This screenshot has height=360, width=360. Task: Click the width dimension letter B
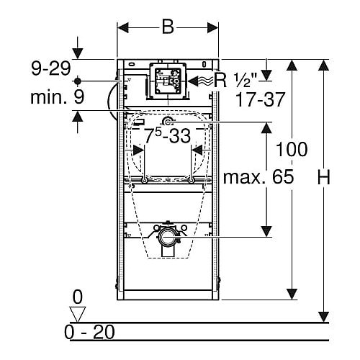tap(168, 27)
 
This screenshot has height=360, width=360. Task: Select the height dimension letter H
tap(324, 177)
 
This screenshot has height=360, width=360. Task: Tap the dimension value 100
tap(292, 149)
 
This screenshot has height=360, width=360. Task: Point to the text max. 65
tap(258, 176)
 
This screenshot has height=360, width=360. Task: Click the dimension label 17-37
tap(261, 99)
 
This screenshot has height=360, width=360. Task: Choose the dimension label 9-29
tap(51, 68)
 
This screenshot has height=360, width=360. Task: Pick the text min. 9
tap(58, 96)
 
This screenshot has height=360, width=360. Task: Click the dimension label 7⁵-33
tap(168, 136)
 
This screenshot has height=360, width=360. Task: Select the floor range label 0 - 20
tap(89, 333)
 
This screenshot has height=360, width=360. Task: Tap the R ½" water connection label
tap(235, 80)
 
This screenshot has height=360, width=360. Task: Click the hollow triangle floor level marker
tap(77, 314)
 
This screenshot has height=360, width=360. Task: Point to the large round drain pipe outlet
tap(167, 237)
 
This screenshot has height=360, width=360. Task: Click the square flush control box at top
tap(168, 81)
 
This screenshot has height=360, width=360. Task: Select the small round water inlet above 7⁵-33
tap(168, 122)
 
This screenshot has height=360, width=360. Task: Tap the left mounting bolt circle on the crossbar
tap(144, 180)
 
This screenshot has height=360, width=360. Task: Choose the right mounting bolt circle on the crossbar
tap(191, 180)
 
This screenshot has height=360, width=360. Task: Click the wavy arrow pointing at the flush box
tap(200, 81)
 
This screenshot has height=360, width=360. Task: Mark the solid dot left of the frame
tap(77, 81)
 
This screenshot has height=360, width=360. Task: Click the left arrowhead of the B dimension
tap(123, 28)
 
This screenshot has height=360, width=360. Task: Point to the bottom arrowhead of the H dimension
tap(323, 317)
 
